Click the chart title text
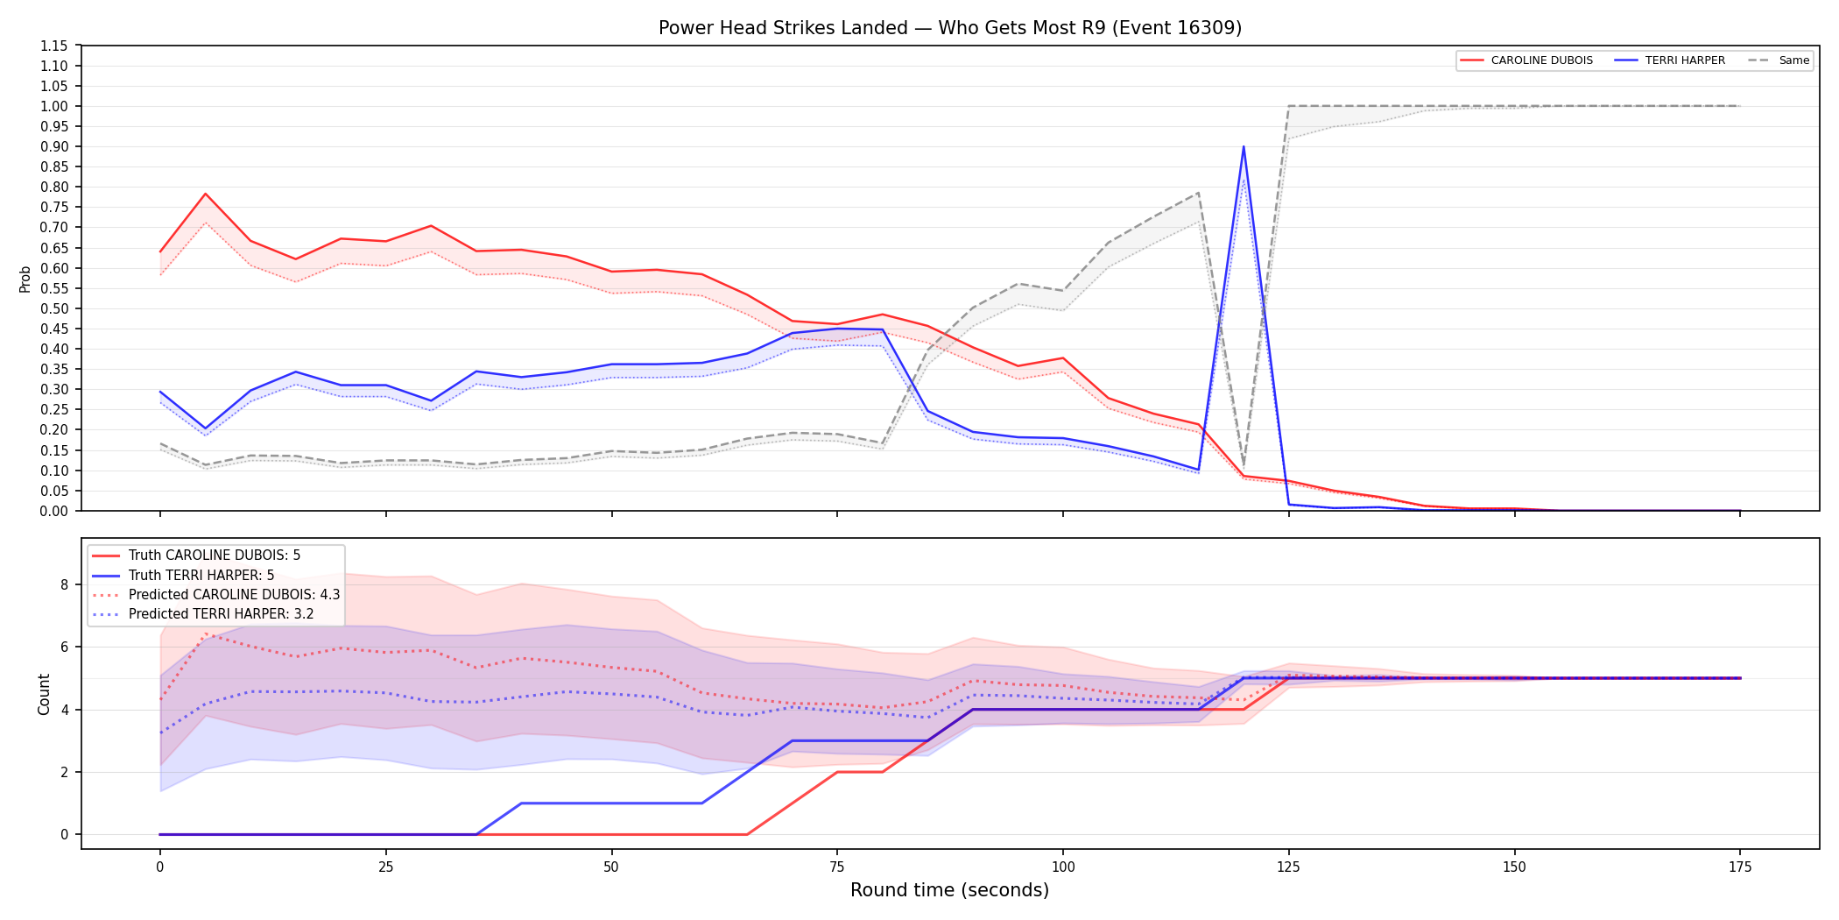950,28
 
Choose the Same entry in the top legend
1779,60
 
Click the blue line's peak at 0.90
1244,146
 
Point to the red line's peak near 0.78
206,194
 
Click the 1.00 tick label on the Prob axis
54,106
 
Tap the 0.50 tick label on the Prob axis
54,308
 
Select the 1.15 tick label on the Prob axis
54,46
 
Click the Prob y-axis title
25,279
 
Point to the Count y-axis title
44,694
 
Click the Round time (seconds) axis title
950,890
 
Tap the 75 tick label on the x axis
837,867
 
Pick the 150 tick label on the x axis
1514,867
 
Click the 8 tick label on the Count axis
65,584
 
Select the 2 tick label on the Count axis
65,772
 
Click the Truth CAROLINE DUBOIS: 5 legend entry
196,556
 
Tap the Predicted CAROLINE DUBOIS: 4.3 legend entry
215,594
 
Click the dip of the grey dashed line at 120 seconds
1244,464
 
